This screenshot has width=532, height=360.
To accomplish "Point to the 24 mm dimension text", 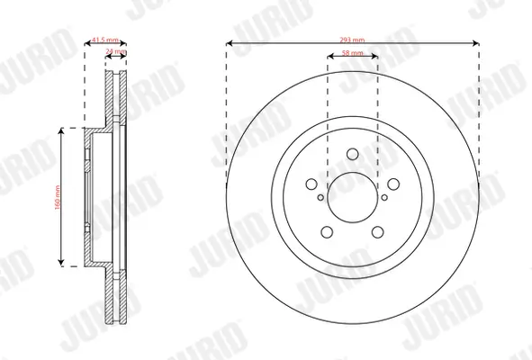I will [115, 52].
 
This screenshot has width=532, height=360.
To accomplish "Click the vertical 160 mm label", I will [55, 196].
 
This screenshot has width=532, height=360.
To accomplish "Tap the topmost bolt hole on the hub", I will [352, 154].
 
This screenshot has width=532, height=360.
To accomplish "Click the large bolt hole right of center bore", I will [392, 184].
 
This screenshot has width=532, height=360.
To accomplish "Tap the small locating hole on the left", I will [320, 196].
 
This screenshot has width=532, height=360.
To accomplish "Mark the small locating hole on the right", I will [384, 196].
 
